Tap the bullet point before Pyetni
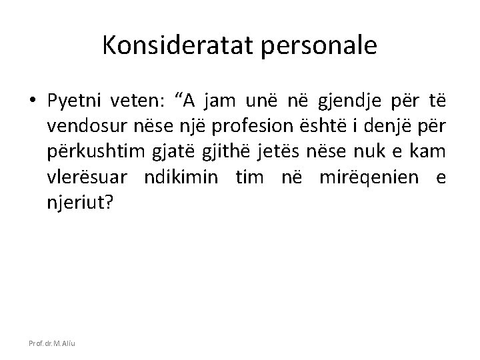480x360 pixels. pos(33,101)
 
